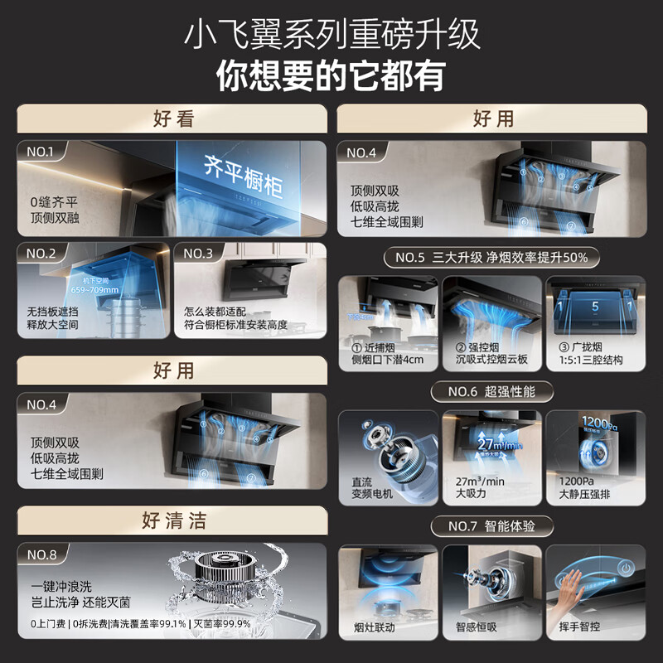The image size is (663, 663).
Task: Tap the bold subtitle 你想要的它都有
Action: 331,76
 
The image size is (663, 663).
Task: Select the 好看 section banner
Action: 172,119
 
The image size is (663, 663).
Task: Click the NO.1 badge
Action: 41,152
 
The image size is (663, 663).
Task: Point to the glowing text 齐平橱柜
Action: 243,175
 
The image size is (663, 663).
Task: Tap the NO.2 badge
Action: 41,253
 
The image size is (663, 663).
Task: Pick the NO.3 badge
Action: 199,253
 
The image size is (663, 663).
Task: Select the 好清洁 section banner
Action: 172,520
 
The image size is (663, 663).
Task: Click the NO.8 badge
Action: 41,554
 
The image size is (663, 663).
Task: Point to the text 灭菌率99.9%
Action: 222,623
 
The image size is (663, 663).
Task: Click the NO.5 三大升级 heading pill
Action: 491,257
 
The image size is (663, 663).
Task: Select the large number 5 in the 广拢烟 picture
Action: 594,307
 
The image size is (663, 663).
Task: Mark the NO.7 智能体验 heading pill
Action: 491,526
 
